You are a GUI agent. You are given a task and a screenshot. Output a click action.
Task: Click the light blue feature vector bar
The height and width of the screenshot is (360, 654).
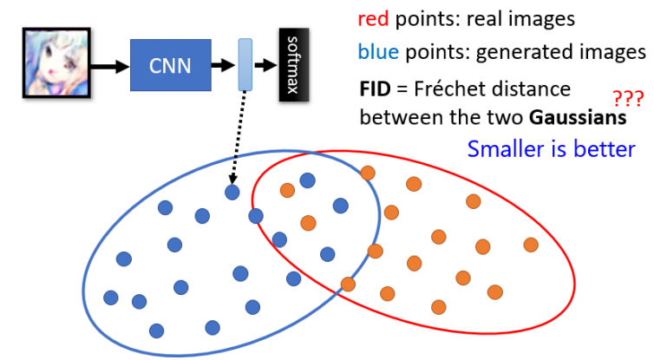245,63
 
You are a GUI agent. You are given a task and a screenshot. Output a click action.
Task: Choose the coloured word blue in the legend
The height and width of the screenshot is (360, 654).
376,52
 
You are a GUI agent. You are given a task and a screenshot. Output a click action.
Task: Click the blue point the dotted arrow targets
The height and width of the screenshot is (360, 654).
232,193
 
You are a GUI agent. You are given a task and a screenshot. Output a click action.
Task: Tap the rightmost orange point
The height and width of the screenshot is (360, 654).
530,245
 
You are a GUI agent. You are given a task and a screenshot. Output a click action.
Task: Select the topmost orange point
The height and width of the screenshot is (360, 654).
367,172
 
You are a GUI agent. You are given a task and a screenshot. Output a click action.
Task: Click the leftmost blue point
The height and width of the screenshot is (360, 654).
110,298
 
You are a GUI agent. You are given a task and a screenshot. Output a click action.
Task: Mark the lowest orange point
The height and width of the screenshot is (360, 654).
440,306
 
